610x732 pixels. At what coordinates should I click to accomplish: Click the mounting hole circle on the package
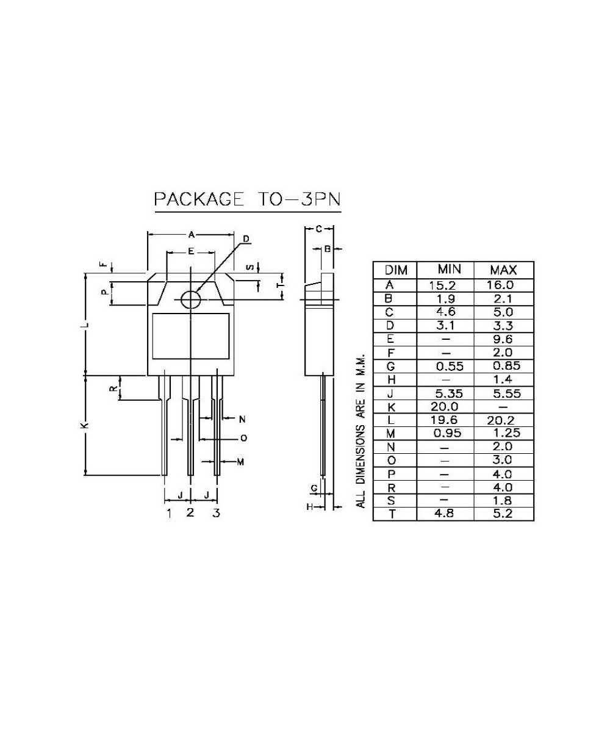[191, 299]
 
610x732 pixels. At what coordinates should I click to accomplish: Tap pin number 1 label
[169, 513]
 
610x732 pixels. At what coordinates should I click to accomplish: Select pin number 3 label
[216, 513]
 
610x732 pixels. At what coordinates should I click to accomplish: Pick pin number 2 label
[190, 512]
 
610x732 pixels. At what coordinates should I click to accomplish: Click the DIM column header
[394, 270]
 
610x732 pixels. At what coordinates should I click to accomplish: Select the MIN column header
[448, 270]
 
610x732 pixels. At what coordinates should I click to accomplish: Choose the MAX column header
[503, 270]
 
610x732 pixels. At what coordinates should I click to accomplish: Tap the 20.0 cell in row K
[445, 406]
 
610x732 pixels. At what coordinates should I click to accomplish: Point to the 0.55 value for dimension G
[448, 367]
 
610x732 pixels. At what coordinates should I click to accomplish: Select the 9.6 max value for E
[503, 339]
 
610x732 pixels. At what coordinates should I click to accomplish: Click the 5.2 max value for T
[503, 514]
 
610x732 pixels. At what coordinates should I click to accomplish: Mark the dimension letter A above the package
[191, 234]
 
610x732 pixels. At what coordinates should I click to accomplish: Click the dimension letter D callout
[246, 239]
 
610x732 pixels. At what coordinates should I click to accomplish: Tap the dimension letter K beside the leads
[85, 425]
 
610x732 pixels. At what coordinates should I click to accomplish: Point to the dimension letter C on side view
[319, 229]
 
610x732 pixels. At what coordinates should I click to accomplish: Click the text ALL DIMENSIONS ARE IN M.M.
[361, 429]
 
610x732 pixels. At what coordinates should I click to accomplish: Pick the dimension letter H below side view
[309, 507]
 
